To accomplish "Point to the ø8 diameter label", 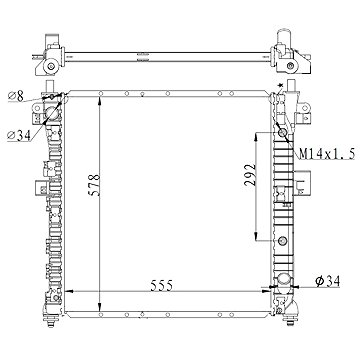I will [x=14, y=96].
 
